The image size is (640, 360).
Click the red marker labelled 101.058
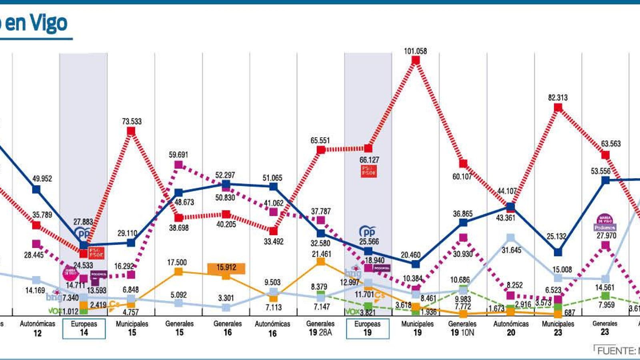click(x=416, y=60)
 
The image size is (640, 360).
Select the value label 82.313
click(x=558, y=98)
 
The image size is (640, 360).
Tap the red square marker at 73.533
click(x=131, y=131)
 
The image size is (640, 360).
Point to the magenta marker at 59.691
click(x=179, y=165)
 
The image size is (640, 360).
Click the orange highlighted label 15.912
click(x=226, y=268)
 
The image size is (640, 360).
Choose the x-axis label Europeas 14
click(x=84, y=328)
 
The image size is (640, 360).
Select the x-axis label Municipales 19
click(x=417, y=328)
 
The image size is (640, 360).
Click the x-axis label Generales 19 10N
click(x=462, y=328)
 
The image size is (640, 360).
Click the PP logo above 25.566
click(x=367, y=232)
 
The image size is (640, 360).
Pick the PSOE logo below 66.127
click(x=368, y=171)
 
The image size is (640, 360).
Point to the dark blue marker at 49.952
click(x=36, y=189)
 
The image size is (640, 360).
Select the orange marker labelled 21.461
click(x=320, y=262)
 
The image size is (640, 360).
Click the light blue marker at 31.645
click(x=510, y=238)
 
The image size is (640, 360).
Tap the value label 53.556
click(x=600, y=171)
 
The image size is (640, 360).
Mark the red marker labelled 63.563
click(x=606, y=155)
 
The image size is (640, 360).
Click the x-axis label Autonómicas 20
click(x=511, y=328)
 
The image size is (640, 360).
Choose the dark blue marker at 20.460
click(x=416, y=264)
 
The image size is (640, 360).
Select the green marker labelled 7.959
click(x=606, y=296)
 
